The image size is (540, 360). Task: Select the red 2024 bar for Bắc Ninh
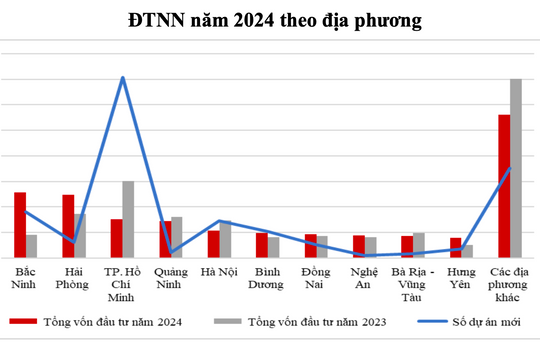coord(20,225)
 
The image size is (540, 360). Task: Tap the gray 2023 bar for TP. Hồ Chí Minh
coord(128,219)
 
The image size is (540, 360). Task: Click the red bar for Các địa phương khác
coord(504,186)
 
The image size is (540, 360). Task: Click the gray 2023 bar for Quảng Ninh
coord(176,237)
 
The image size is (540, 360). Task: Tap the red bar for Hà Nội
coord(213,244)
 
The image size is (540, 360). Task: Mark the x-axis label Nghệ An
coord(364,277)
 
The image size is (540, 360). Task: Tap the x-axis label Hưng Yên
coord(461,277)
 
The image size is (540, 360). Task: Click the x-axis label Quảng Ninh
coord(171,277)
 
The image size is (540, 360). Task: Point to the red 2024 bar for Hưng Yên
coord(455,247)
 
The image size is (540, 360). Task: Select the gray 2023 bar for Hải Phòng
coord(80,236)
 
